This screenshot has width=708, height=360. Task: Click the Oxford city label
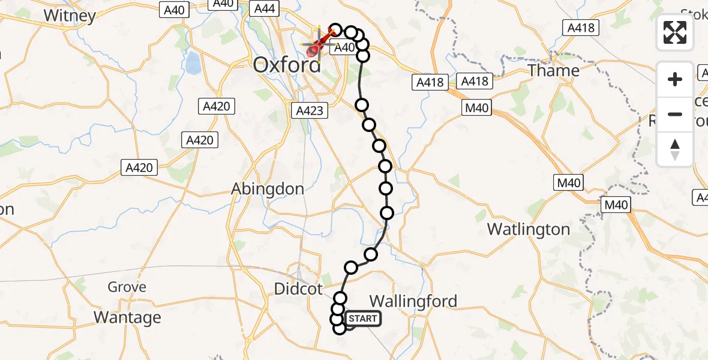click(287, 64)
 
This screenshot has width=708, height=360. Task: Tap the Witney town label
click(70, 16)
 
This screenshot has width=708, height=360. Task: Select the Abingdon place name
click(268, 188)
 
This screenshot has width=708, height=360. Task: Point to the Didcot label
click(298, 289)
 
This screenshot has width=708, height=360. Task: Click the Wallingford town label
click(413, 301)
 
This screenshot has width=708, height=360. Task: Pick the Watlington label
click(529, 229)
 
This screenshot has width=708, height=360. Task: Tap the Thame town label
click(554, 70)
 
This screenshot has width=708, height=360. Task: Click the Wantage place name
click(128, 317)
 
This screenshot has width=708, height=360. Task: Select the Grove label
click(127, 287)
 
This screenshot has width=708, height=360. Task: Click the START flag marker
click(362, 319)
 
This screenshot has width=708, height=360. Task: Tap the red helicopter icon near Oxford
click(314, 50)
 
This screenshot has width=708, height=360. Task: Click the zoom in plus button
click(675, 80)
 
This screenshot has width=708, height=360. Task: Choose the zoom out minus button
click(675, 114)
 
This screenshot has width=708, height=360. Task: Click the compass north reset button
click(675, 149)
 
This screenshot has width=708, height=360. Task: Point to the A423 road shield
click(310, 110)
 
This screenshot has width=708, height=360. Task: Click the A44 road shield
click(265, 8)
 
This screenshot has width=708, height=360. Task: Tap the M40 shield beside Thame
click(476, 109)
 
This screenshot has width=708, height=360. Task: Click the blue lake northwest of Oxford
click(193, 62)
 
